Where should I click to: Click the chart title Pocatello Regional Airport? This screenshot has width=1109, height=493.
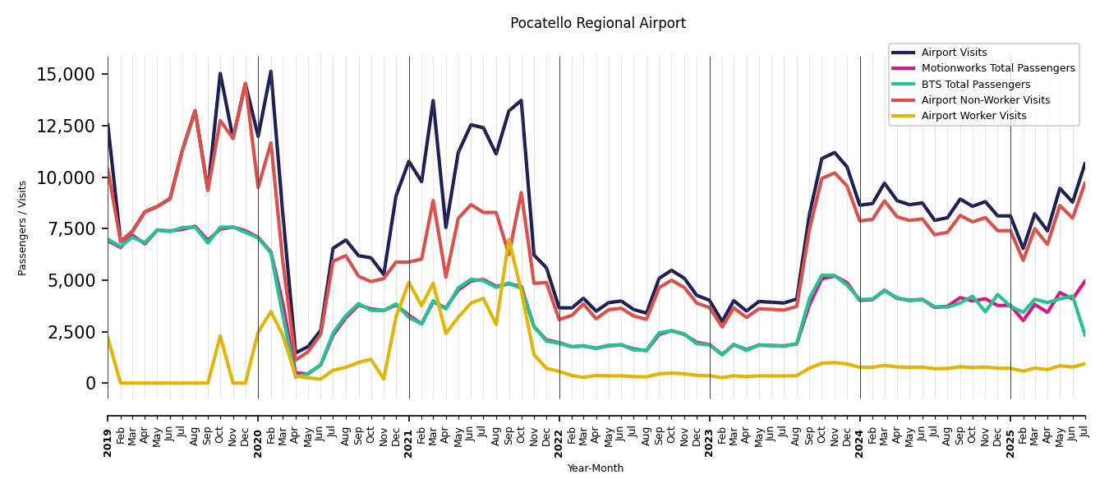click(x=597, y=23)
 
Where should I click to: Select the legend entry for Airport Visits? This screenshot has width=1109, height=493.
click(x=954, y=53)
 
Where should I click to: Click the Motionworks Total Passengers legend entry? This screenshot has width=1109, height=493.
click(x=997, y=68)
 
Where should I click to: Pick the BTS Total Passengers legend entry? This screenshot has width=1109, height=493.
click(x=975, y=85)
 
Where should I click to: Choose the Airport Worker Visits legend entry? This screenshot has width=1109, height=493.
click(x=973, y=116)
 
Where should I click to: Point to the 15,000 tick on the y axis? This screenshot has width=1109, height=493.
click(x=66, y=75)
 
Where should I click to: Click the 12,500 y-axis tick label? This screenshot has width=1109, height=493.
click(x=66, y=126)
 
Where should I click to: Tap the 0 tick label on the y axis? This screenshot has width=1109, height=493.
click(x=91, y=383)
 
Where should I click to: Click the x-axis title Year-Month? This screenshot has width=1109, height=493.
click(x=596, y=468)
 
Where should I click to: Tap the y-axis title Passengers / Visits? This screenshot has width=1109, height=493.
click(x=23, y=228)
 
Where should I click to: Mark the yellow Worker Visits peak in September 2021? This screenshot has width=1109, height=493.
click(x=508, y=240)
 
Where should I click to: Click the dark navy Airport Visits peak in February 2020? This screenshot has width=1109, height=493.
click(x=270, y=71)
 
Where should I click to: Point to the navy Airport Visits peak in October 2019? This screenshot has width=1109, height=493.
click(x=220, y=73)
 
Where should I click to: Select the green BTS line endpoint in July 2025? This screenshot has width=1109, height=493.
click(x=1085, y=334)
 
